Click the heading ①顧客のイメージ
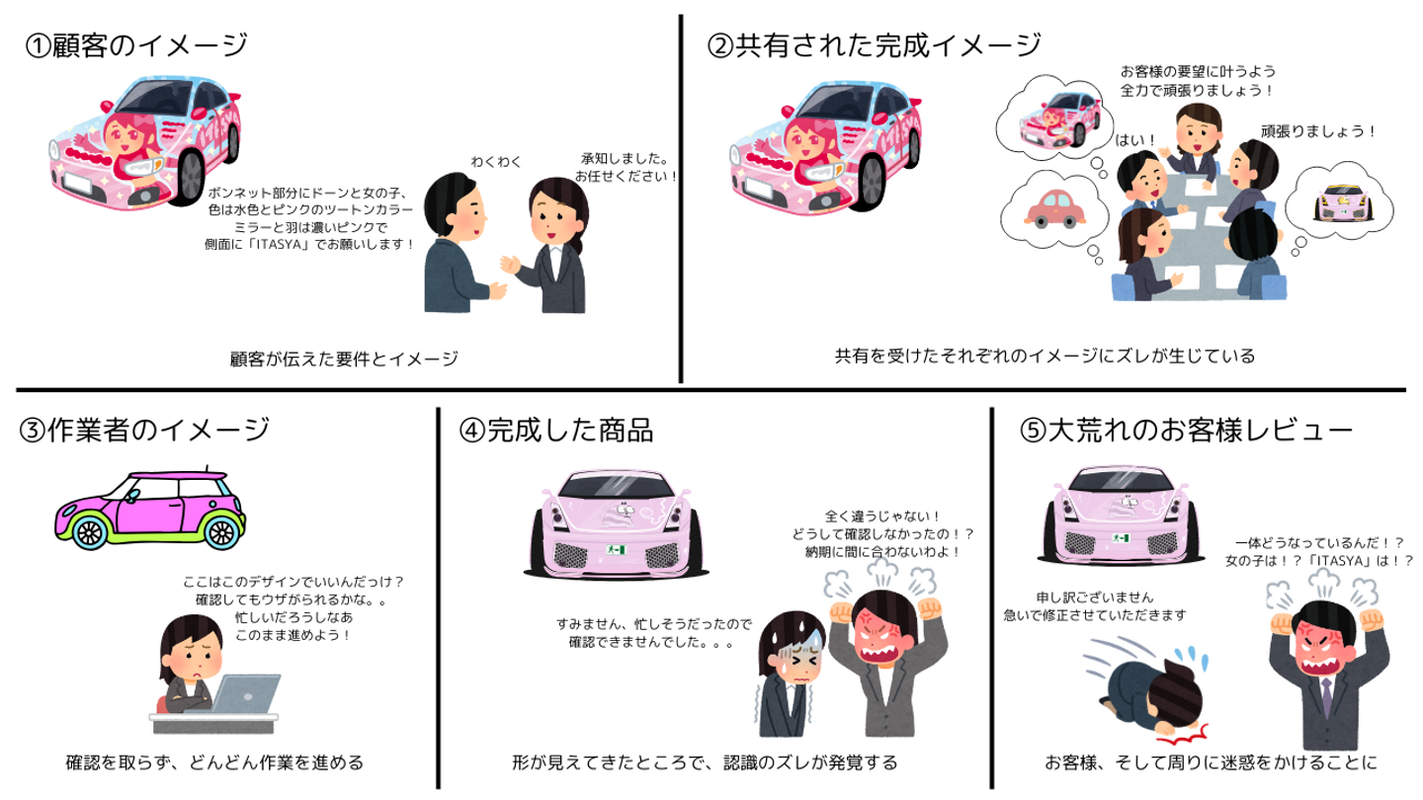click(x=135, y=46)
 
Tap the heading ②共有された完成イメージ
click(x=874, y=45)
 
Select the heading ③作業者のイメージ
click(x=143, y=431)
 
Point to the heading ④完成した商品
click(x=555, y=431)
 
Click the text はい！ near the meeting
click(x=1135, y=140)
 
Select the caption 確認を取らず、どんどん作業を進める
click(x=214, y=762)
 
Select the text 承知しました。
click(x=626, y=158)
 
